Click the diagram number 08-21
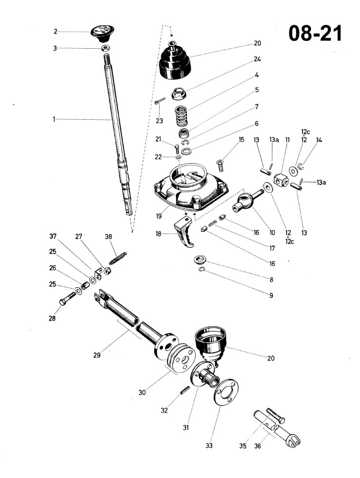coord(315,33)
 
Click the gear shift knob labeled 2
coord(102,33)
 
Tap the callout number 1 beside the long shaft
coord(54,119)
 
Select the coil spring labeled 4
coord(182,115)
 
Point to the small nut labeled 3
coord(106,48)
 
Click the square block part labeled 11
coord(281,180)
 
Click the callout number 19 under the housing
coord(159,216)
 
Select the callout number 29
coord(97,355)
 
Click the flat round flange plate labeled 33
coord(226,392)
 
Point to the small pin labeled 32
coord(185,390)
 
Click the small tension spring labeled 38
coord(118,258)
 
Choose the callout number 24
coord(257,59)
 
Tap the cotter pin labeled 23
coord(160,101)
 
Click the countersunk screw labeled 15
coord(220,165)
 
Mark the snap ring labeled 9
coord(202,269)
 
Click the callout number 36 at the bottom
coord(258,446)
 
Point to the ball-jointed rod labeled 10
coord(247,201)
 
